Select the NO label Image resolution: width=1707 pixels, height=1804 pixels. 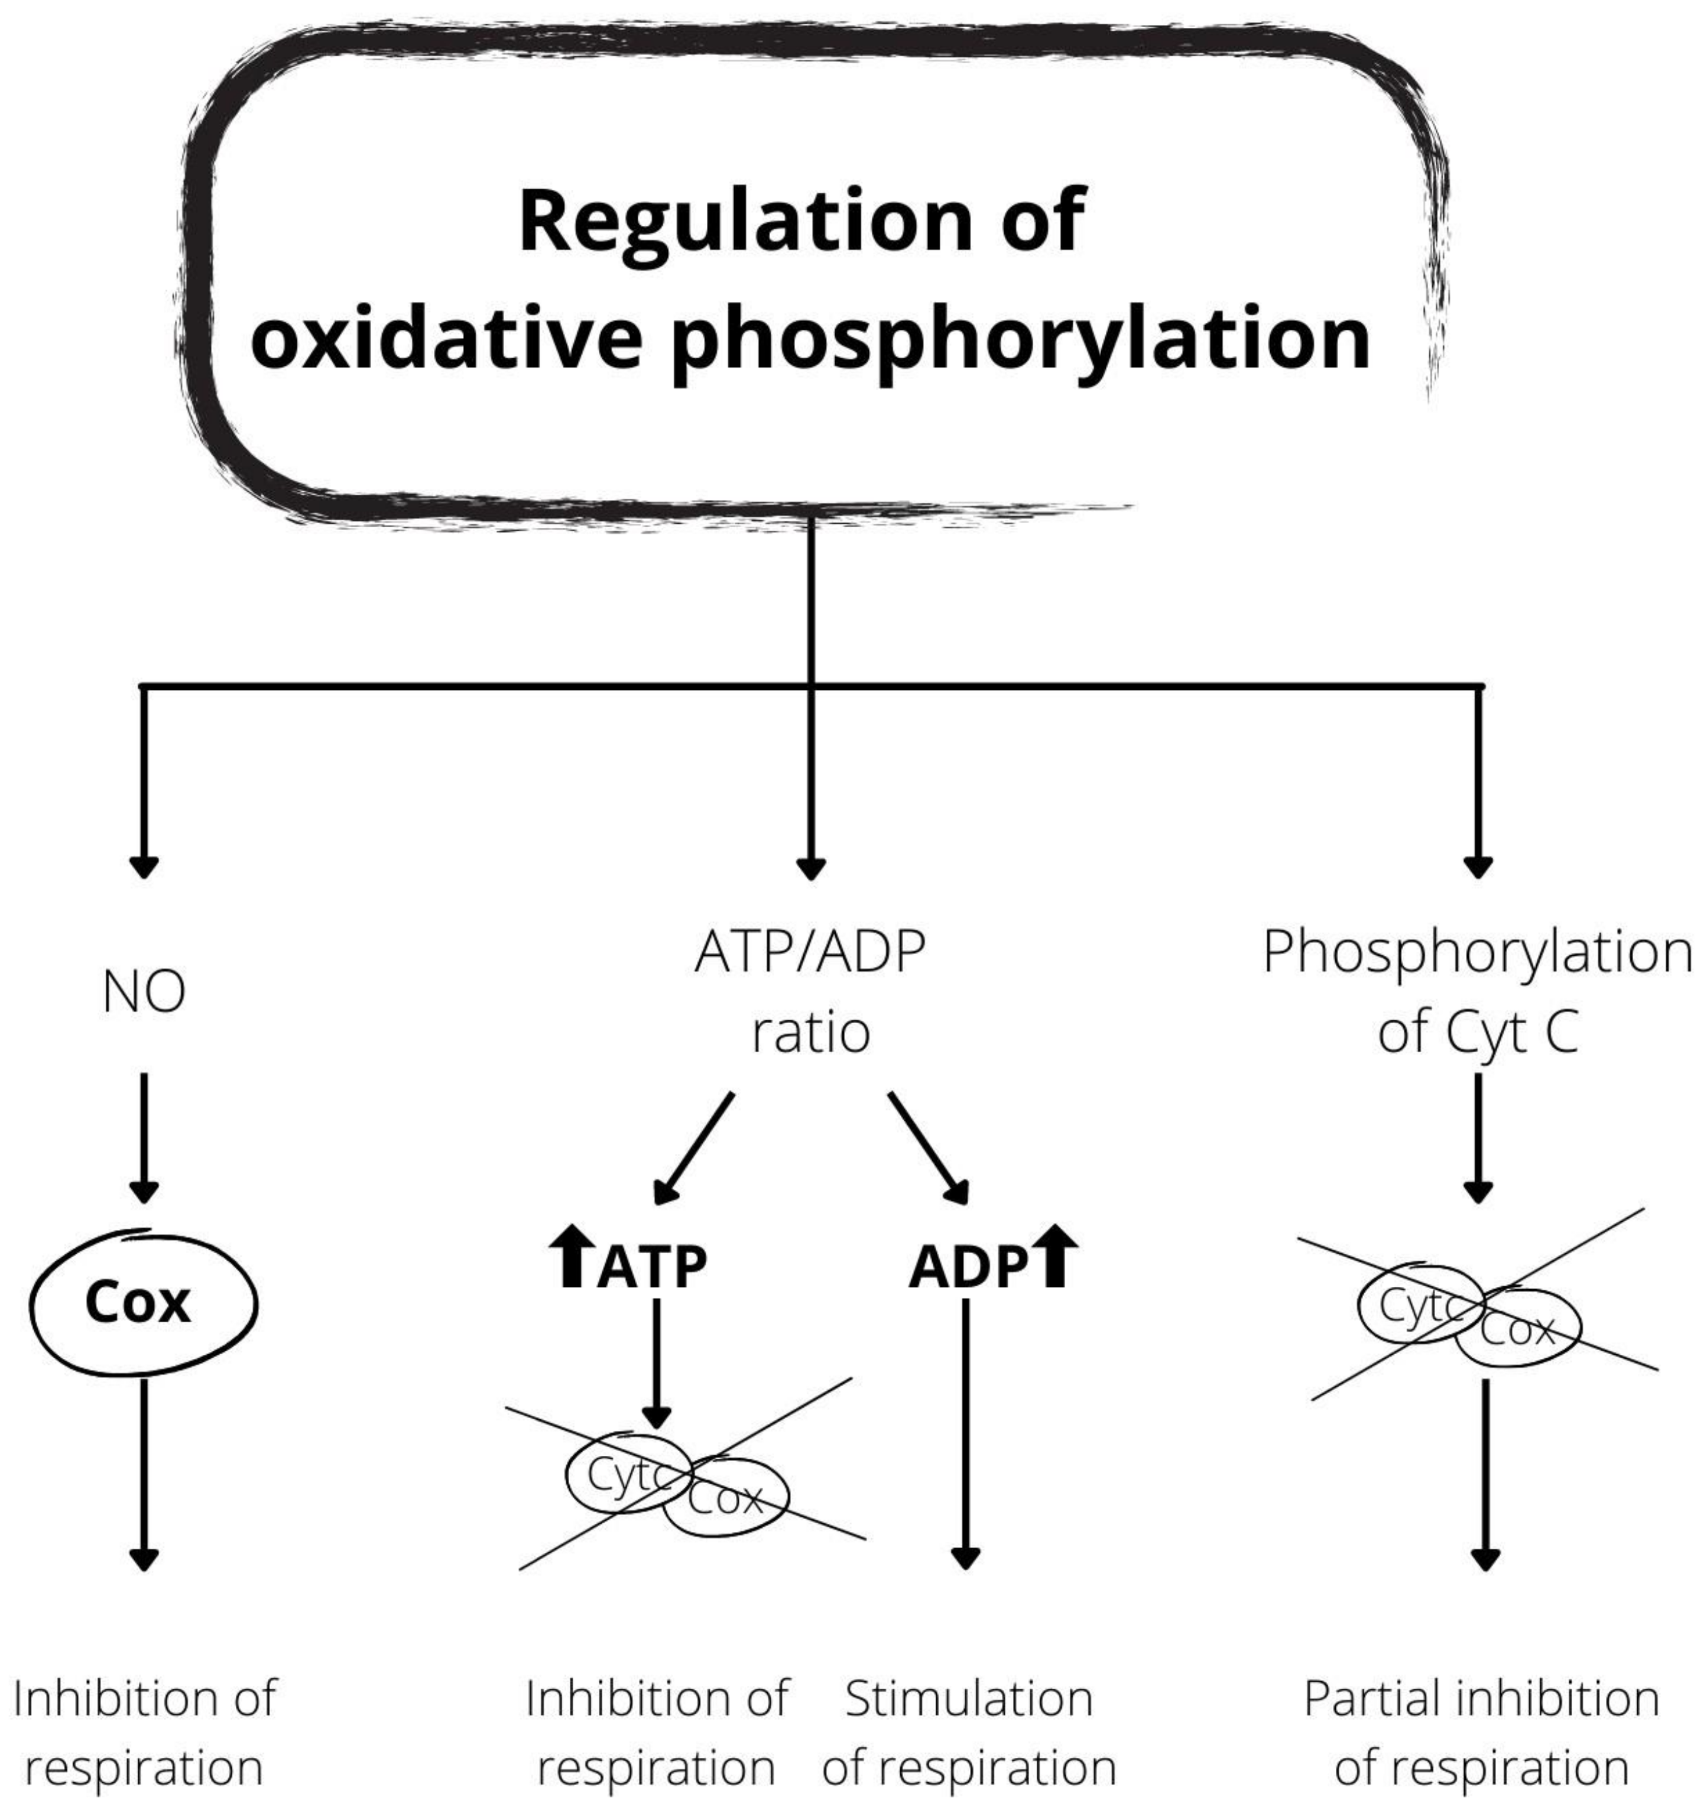pos(144,992)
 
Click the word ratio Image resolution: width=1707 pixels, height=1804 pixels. pos(810,1033)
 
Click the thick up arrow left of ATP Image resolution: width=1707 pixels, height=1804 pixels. pos(572,1256)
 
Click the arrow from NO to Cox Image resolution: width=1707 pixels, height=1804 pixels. pos(144,1137)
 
